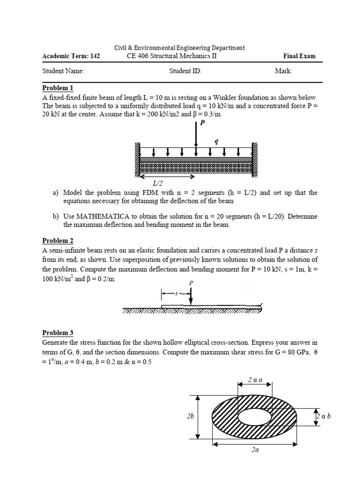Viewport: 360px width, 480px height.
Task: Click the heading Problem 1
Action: click(x=58, y=88)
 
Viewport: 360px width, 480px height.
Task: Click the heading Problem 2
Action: click(x=58, y=241)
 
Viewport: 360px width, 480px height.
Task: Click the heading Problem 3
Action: click(x=58, y=333)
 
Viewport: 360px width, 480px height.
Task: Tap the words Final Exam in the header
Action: click(x=299, y=56)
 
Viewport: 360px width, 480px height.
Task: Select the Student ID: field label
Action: click(x=185, y=71)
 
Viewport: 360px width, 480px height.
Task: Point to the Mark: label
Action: click(x=284, y=71)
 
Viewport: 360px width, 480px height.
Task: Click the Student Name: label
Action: click(x=63, y=71)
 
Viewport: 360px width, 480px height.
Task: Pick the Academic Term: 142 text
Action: click(x=71, y=56)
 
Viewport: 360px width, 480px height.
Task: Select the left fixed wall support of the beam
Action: click(x=137, y=159)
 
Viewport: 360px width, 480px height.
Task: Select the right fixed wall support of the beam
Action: click(x=255, y=159)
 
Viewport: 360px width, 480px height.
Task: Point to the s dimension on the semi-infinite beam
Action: click(x=176, y=294)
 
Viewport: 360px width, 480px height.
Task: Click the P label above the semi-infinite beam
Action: click(x=191, y=283)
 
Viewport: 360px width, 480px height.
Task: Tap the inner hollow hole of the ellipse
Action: click(x=255, y=416)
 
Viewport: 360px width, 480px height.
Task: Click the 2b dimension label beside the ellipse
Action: click(x=190, y=416)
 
